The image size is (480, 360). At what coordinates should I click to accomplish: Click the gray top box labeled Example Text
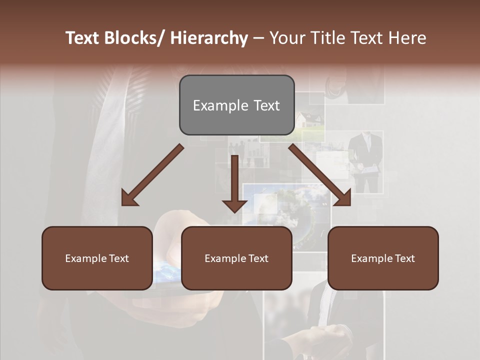pos(236,105)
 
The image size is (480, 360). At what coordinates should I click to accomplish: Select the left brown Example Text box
pos(97,258)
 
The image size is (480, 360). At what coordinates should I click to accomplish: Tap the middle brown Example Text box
pos(236,258)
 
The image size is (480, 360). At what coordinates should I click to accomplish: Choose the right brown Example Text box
pos(383,258)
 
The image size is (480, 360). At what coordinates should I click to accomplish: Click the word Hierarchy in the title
pos(209,38)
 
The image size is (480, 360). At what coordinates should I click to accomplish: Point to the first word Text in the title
pos(83,38)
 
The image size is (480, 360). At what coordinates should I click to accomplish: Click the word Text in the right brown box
pos(404,258)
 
